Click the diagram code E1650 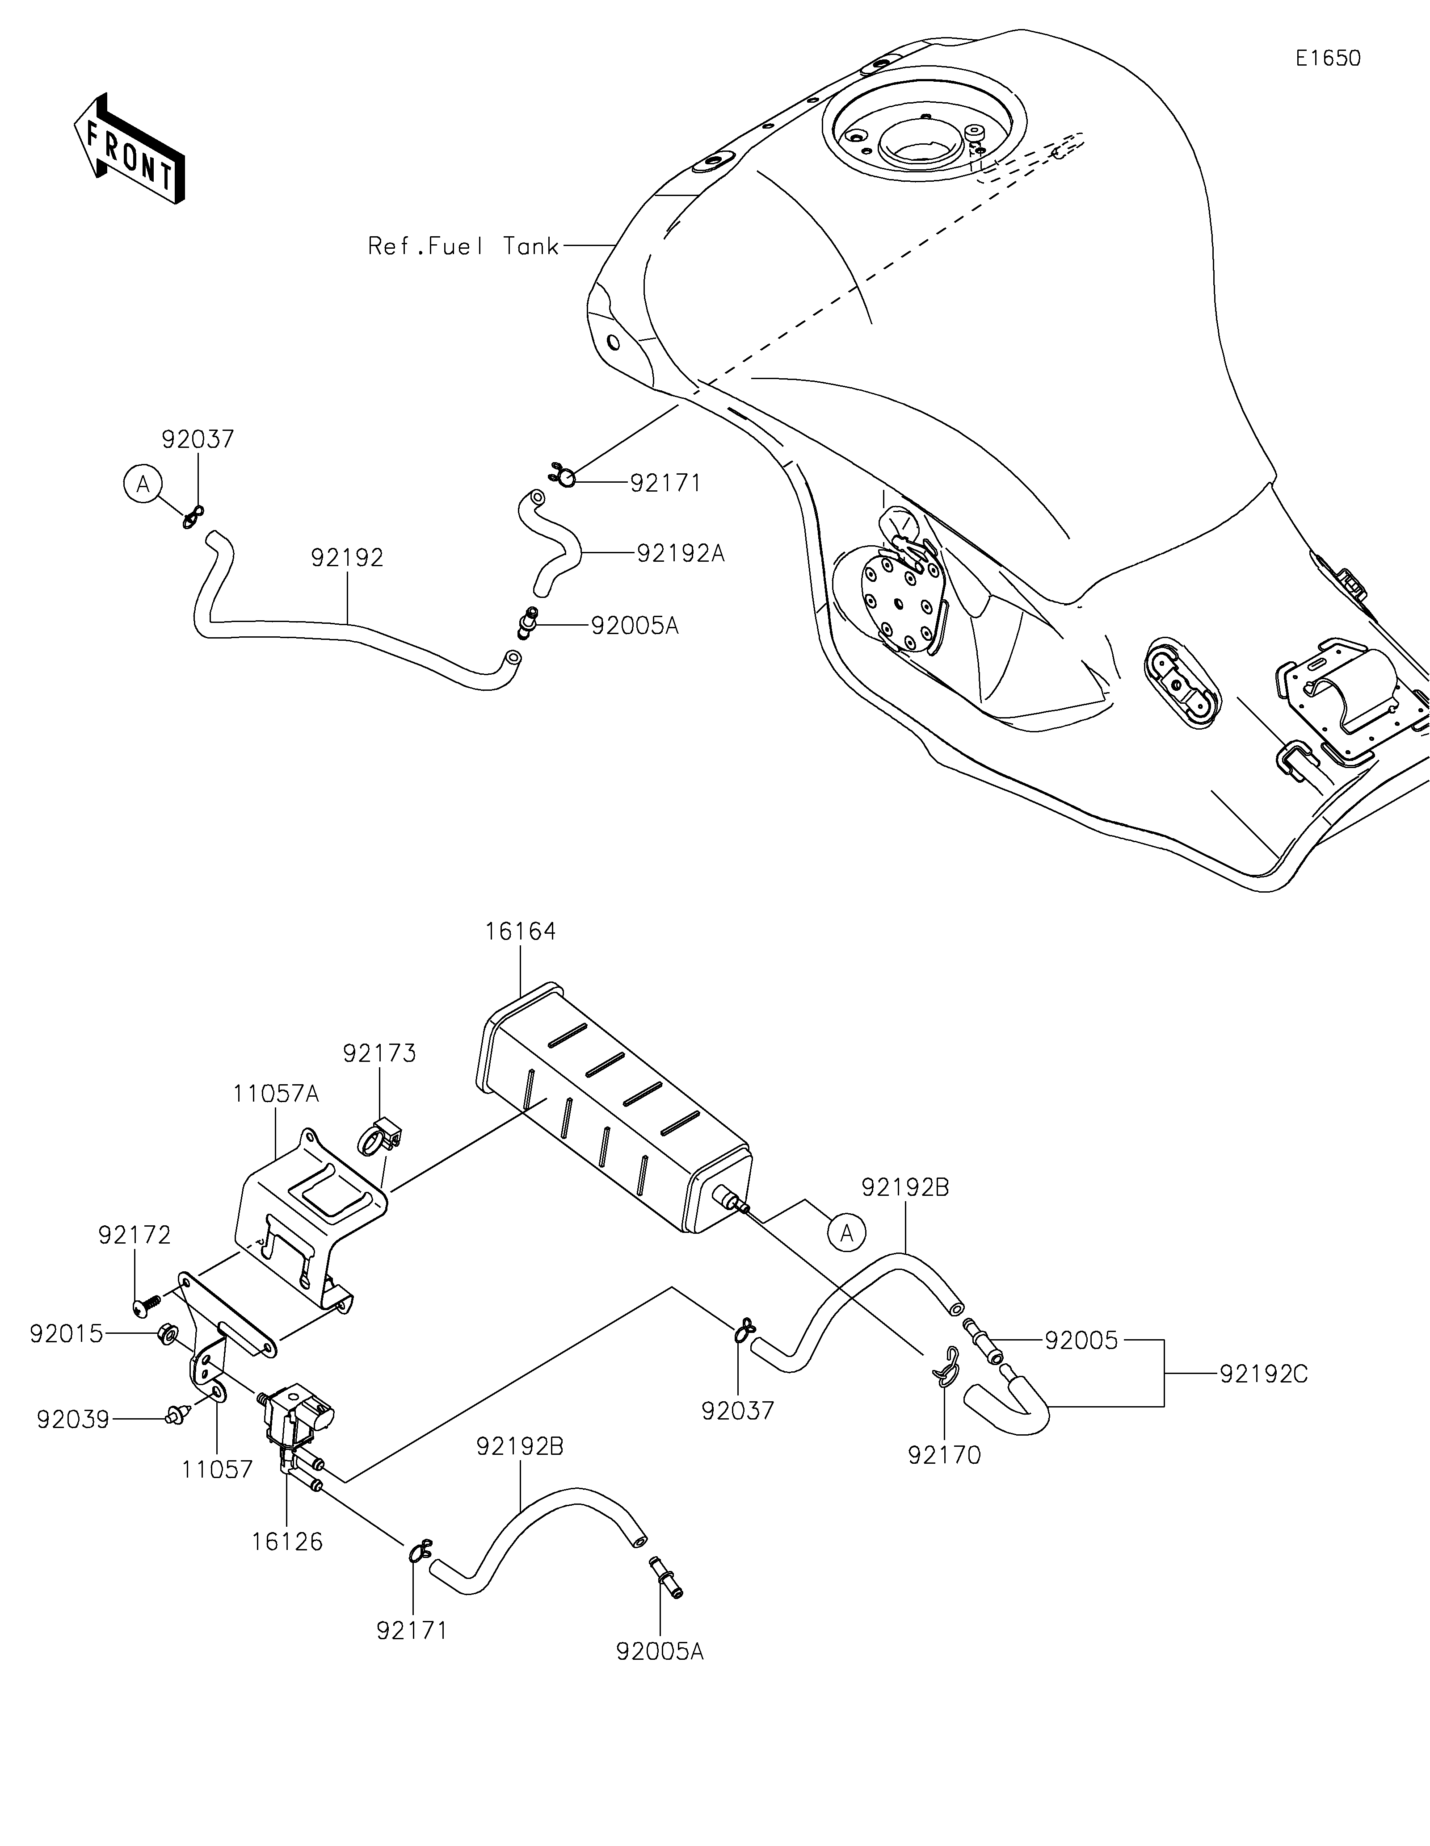pos(1328,58)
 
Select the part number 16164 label pos(520,931)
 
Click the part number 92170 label pos(945,1456)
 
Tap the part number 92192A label pos(681,554)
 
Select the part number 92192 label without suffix pos(347,558)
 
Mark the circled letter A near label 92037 pos(143,484)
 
